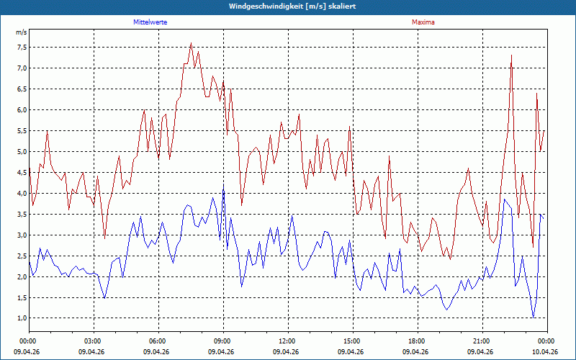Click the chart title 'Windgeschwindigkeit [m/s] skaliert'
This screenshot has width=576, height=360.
292,6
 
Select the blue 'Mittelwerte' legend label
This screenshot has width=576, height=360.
150,22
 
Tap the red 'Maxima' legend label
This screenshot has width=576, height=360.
423,22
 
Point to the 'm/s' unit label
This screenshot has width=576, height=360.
22,32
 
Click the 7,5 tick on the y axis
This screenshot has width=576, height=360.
21,47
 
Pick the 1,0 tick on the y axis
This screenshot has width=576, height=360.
21,318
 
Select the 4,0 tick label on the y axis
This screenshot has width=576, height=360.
21,193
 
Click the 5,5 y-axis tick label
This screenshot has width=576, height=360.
21,131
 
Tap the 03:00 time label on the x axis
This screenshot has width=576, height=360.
94,341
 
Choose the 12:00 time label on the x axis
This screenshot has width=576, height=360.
289,341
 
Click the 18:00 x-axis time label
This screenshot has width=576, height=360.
418,341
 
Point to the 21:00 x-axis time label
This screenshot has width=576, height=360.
482,341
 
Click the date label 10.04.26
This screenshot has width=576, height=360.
544,351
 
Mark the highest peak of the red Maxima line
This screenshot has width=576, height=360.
191,43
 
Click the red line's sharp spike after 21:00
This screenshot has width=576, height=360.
511,55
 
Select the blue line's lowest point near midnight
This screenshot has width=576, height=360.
533,318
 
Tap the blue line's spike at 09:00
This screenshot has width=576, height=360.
223,185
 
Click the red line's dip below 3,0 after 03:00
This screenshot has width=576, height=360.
104,239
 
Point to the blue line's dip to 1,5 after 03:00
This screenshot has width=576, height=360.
104,298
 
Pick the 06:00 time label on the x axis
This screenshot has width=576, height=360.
158,341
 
